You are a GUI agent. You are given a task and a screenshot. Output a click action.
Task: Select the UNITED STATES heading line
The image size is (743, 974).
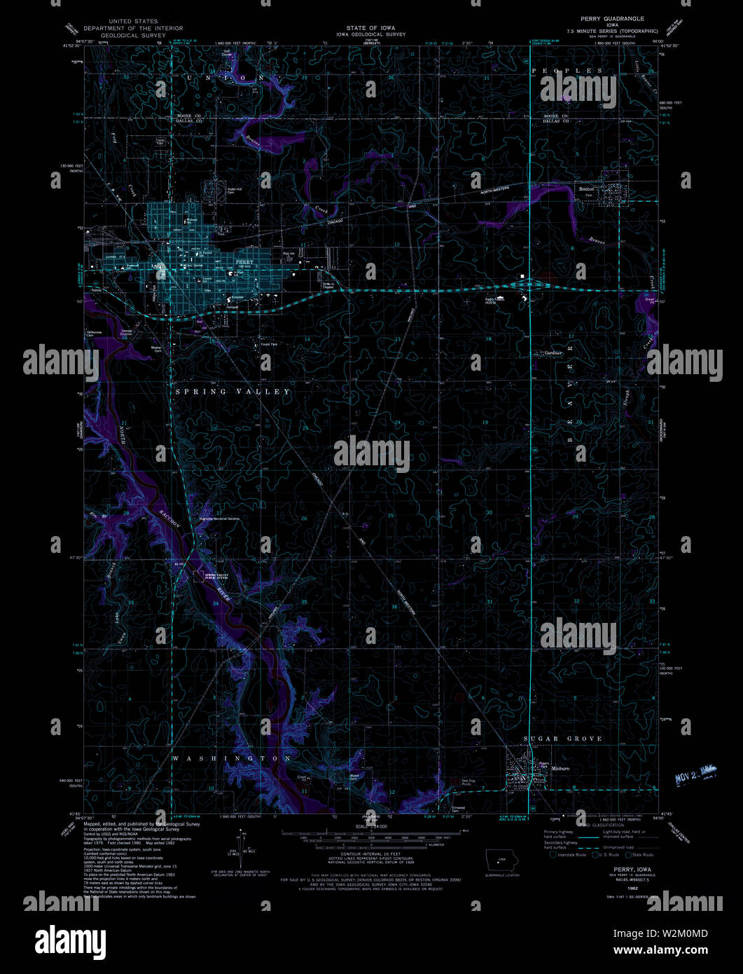[130, 22]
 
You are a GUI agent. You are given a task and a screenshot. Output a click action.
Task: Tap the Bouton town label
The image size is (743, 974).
[586, 188]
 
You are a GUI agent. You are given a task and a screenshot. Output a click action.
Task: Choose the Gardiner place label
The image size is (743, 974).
[553, 353]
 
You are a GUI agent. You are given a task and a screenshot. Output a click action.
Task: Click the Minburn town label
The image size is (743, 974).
[561, 769]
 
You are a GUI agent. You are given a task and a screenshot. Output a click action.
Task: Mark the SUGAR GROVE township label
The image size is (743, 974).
[564, 739]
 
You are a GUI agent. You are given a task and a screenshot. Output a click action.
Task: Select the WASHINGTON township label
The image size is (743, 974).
[232, 759]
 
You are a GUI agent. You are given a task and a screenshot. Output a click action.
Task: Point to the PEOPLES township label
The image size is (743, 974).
[567, 71]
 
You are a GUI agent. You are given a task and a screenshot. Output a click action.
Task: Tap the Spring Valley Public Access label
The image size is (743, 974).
[216, 577]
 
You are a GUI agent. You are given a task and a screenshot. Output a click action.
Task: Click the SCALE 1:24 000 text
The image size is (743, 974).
[370, 827]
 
